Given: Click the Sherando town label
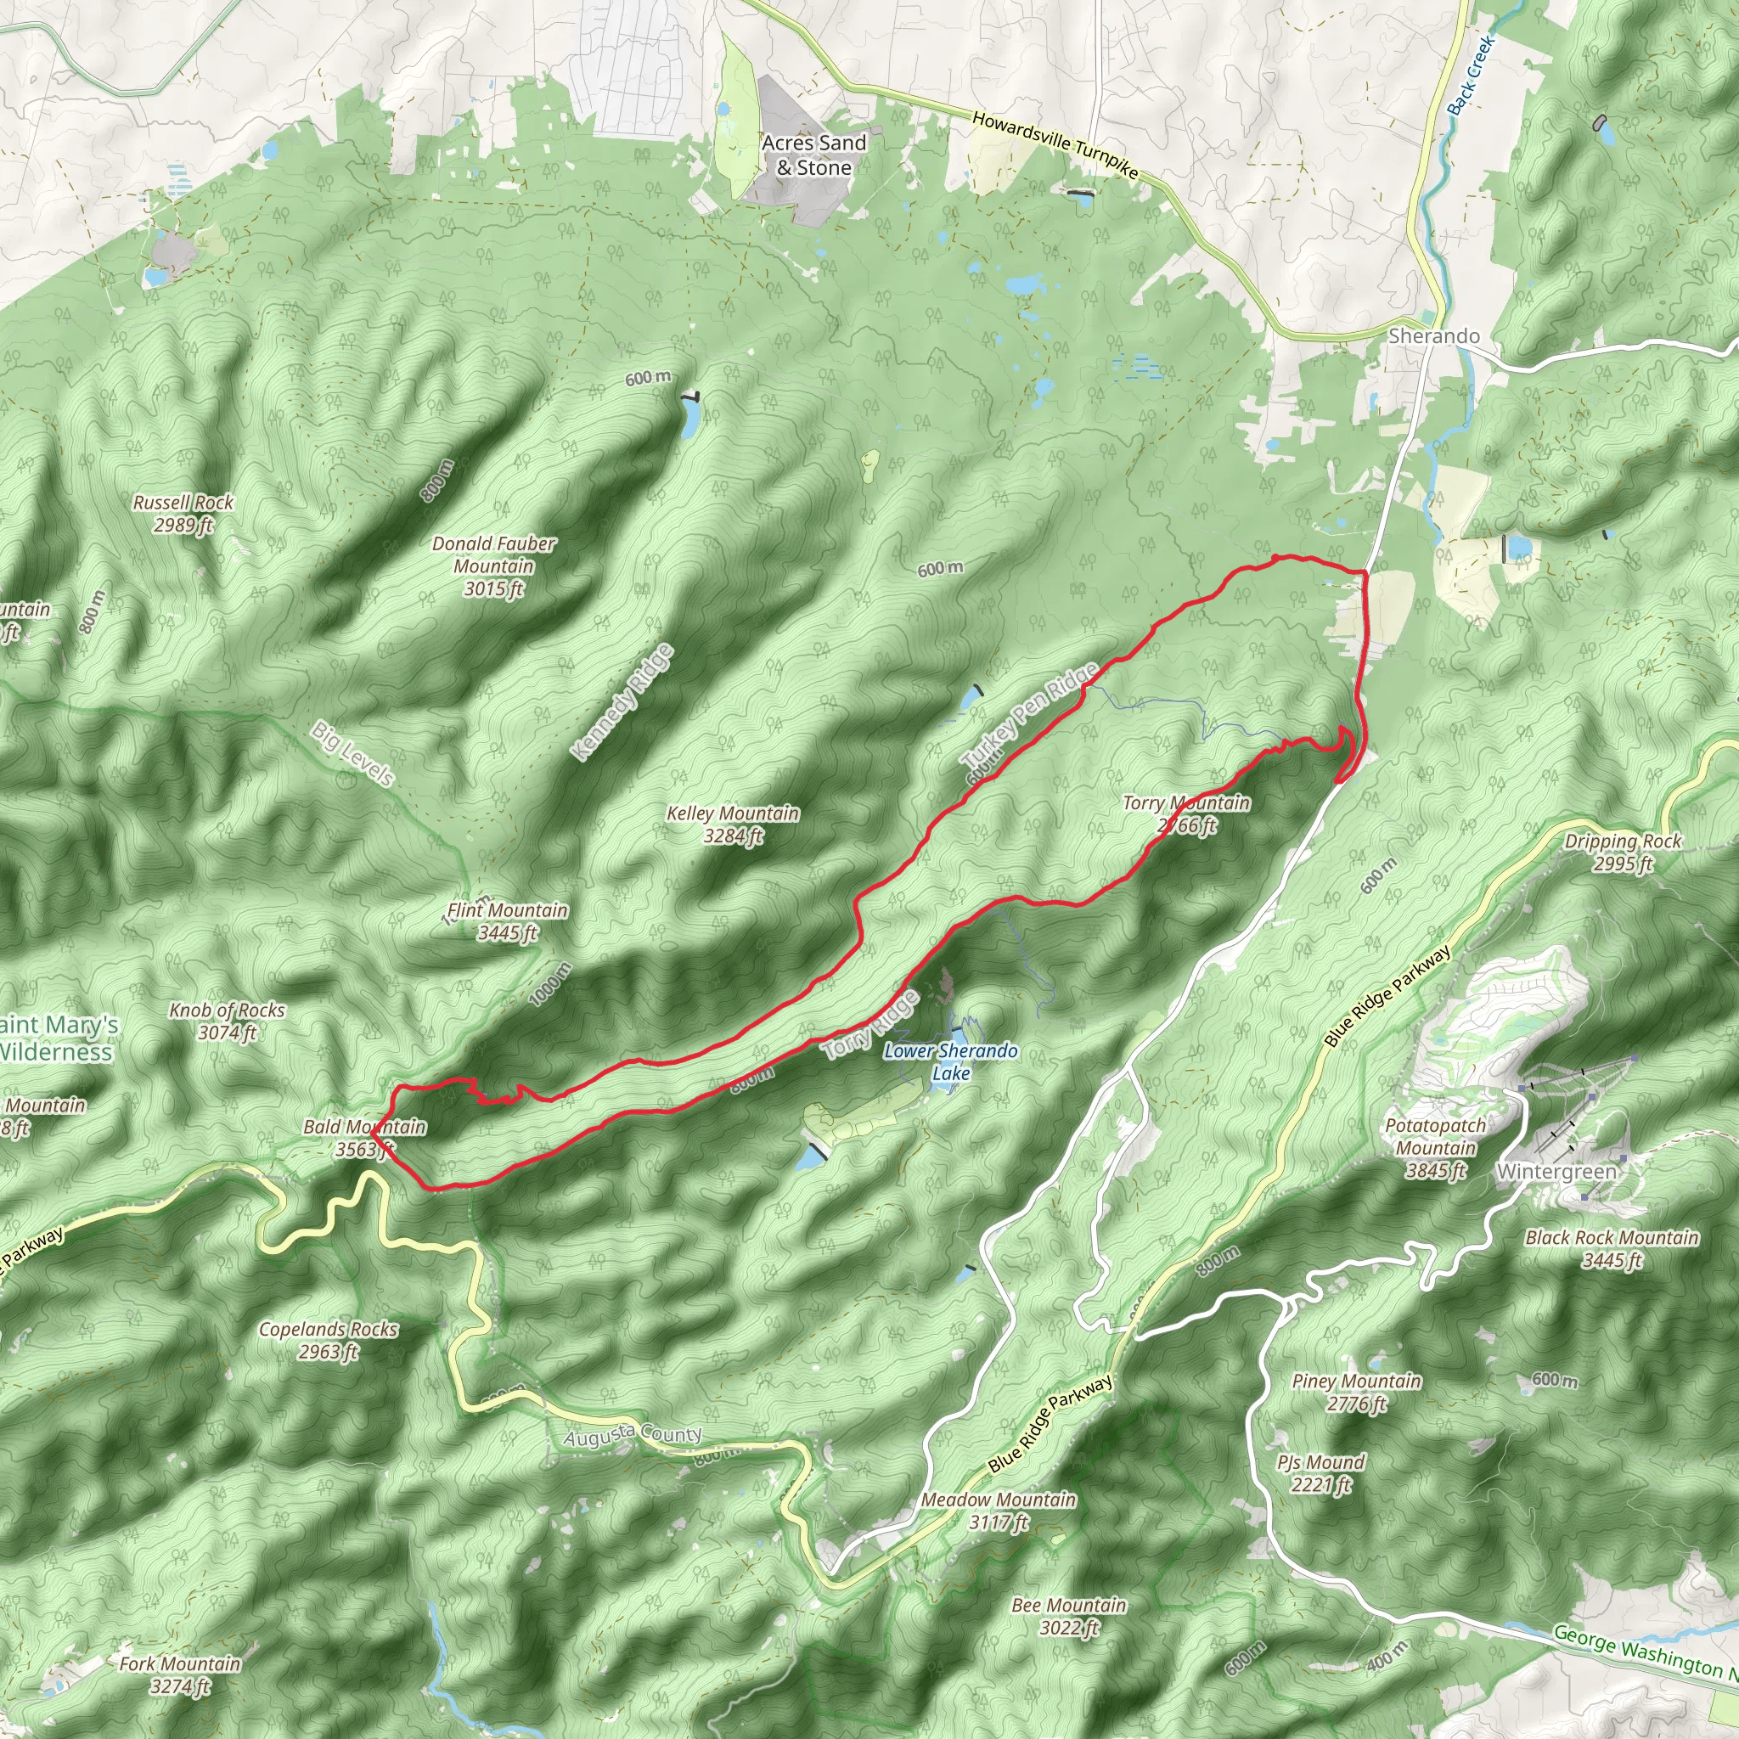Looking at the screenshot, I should click(x=1434, y=335).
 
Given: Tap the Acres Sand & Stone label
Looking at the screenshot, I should click(x=813, y=155).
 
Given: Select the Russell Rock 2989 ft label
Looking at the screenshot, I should click(x=183, y=513).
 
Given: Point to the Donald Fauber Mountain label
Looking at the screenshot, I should click(x=493, y=566).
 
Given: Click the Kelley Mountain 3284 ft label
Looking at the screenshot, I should click(x=733, y=824).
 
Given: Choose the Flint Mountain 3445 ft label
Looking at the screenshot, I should click(x=508, y=920).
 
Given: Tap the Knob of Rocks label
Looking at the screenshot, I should click(x=227, y=1021).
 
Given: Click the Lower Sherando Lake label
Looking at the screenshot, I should click(x=950, y=1061).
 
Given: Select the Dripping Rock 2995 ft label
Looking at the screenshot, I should click(x=1623, y=852).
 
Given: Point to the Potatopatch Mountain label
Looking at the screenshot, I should click(x=1436, y=1148).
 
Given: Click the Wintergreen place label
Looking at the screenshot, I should click(x=1556, y=1172).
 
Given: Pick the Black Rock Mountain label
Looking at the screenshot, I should click(x=1612, y=1248).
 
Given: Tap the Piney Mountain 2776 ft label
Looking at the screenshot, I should click(x=1356, y=1392).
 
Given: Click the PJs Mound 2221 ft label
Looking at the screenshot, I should click(x=1320, y=1473).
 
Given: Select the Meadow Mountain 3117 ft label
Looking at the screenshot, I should click(x=999, y=1511).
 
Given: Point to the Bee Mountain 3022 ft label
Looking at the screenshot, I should click(x=1068, y=1616).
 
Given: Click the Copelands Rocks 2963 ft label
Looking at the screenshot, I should click(x=329, y=1340).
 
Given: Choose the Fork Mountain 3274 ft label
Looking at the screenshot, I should click(x=180, y=1675).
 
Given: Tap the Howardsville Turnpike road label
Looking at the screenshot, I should click(x=1055, y=144).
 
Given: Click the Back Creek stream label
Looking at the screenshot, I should click(x=1471, y=75).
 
